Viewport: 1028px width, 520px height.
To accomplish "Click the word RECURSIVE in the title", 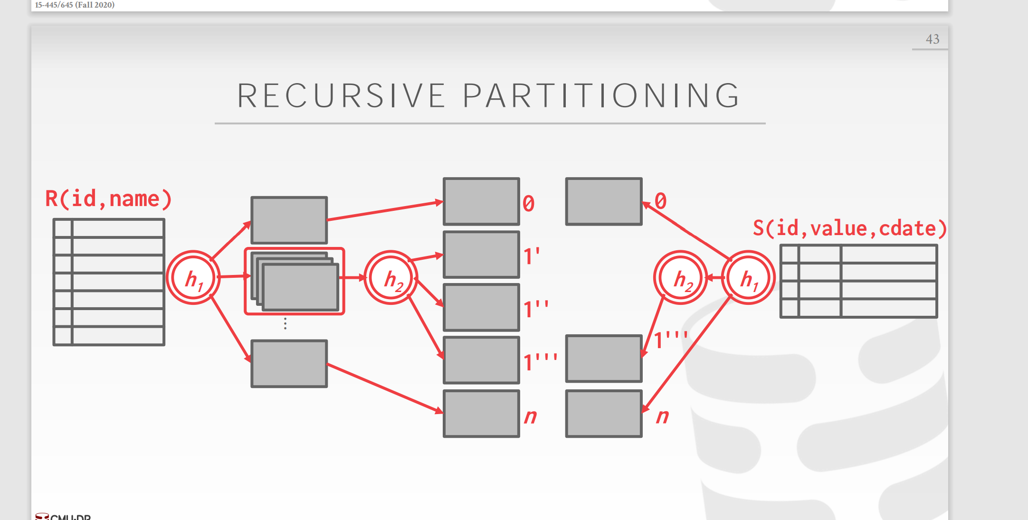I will (341, 96).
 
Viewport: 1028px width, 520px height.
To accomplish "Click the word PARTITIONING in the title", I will (601, 96).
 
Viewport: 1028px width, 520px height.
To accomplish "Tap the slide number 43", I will (932, 39).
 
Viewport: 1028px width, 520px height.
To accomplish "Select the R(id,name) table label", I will (108, 199).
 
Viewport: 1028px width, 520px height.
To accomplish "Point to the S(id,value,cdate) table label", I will (849, 228).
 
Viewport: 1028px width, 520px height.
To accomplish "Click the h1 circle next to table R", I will (193, 278).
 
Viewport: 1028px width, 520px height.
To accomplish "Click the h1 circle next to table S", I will (748, 278).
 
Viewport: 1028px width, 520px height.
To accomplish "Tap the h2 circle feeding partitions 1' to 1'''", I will (391, 278).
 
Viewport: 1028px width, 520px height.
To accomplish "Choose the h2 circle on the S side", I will (681, 278).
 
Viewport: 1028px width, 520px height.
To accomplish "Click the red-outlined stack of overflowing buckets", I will (295, 281).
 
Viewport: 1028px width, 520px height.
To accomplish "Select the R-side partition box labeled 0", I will (481, 201).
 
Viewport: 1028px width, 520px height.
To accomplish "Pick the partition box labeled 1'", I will (481, 255).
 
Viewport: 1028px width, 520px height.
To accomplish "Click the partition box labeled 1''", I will (481, 307).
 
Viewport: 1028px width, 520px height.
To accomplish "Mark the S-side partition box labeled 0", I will (604, 201).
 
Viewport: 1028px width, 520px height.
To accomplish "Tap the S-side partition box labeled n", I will (604, 414).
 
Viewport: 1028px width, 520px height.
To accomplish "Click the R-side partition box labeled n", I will (481, 414).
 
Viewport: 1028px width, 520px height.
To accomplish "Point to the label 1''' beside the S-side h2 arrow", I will (670, 340).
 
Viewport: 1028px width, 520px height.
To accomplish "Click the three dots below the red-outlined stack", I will (285, 323).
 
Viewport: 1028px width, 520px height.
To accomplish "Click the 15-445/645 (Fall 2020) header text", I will (75, 5).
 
